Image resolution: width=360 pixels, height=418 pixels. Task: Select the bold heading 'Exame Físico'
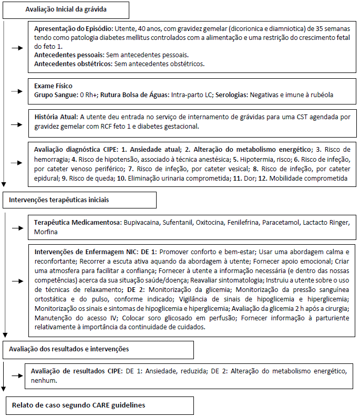click(x=54, y=85)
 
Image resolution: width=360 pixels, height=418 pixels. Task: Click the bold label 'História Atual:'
click(x=56, y=117)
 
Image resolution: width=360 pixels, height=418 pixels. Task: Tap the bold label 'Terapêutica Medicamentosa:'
click(x=77, y=222)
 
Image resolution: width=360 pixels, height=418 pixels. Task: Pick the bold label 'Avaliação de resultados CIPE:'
click(x=78, y=371)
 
